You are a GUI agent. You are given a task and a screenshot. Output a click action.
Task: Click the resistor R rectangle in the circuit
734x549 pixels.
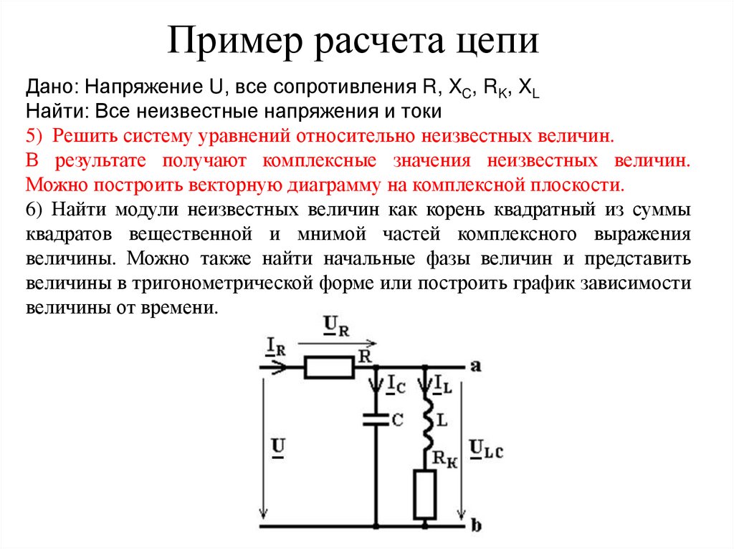click(329, 368)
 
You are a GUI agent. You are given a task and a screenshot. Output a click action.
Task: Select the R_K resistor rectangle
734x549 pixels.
click(425, 495)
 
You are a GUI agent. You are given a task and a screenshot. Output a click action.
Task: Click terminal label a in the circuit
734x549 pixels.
click(476, 366)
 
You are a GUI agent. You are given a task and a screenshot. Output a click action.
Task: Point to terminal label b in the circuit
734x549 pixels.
click(476, 528)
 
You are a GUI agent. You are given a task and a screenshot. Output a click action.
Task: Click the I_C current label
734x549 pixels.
click(396, 385)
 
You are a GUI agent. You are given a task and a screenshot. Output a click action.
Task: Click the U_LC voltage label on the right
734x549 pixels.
click(486, 449)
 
